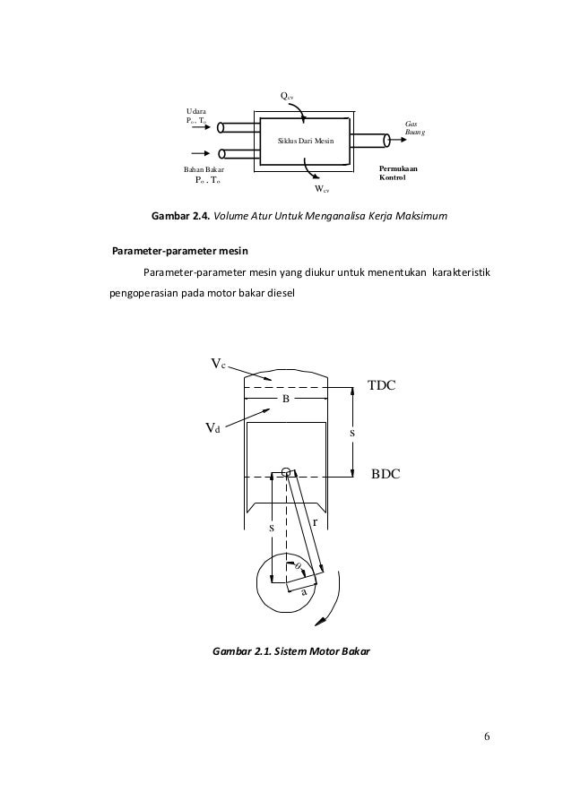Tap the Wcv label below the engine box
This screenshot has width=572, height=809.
click(321, 189)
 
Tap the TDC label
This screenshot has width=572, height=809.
click(382, 384)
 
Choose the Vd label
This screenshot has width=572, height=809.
click(212, 429)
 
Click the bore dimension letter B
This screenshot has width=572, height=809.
click(286, 400)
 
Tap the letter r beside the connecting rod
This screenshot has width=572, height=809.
click(315, 521)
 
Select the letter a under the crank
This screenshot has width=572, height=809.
click(304, 592)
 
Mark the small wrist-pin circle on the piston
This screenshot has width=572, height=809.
click(285, 472)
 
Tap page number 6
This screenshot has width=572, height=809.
click(485, 736)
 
